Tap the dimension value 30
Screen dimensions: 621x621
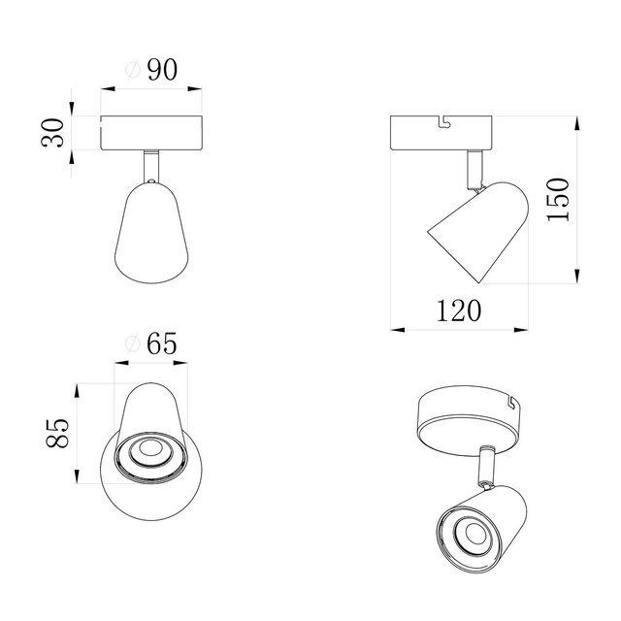pos(57,132)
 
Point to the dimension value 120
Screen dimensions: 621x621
pos(457,310)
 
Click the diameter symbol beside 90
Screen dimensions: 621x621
pos(135,71)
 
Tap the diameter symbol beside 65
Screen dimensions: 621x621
pos(135,344)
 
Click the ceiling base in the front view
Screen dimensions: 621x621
pos(151,133)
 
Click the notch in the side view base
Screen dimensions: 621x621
pos(446,121)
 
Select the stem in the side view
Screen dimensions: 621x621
pos(474,166)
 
